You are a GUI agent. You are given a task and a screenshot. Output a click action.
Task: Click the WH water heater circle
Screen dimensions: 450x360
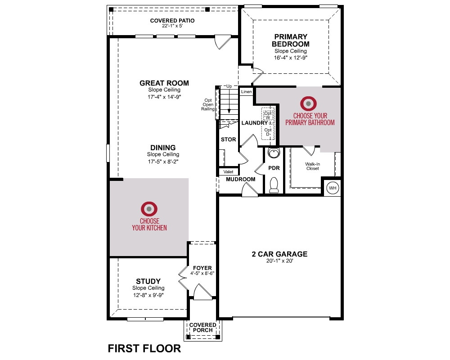333,188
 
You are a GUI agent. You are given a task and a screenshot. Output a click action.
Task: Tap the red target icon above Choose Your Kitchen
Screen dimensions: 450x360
149,209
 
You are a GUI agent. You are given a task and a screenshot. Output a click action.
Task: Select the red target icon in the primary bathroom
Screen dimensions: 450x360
309,103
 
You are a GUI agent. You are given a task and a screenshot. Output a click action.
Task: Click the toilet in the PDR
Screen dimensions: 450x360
274,185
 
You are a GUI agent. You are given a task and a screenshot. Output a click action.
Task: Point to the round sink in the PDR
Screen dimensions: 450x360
273,153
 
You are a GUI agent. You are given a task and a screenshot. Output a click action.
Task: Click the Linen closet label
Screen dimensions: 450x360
246,92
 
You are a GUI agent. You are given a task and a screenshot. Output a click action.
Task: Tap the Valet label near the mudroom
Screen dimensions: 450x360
229,171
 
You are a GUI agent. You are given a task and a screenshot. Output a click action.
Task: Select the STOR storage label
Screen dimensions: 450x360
229,139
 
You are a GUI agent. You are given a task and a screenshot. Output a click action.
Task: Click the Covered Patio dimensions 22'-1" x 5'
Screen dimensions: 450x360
172,26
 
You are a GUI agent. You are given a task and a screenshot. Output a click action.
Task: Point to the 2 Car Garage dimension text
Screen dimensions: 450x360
279,261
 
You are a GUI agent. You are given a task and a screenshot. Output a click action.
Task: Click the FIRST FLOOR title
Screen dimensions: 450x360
144,348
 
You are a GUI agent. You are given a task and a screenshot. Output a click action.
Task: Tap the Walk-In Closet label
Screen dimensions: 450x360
313,166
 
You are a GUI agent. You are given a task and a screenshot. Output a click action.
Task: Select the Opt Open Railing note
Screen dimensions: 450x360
208,104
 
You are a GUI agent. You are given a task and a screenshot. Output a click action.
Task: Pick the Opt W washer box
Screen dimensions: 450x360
268,115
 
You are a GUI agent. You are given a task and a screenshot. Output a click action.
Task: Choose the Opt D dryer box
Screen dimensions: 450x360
268,132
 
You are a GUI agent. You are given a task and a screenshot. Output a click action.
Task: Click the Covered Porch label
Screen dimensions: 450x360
202,328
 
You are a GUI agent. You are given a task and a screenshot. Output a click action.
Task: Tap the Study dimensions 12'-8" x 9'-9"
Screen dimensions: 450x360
148,295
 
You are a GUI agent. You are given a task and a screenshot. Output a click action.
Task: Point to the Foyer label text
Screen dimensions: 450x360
202,268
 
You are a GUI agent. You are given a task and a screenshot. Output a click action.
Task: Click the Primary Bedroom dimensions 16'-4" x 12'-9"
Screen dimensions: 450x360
290,58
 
